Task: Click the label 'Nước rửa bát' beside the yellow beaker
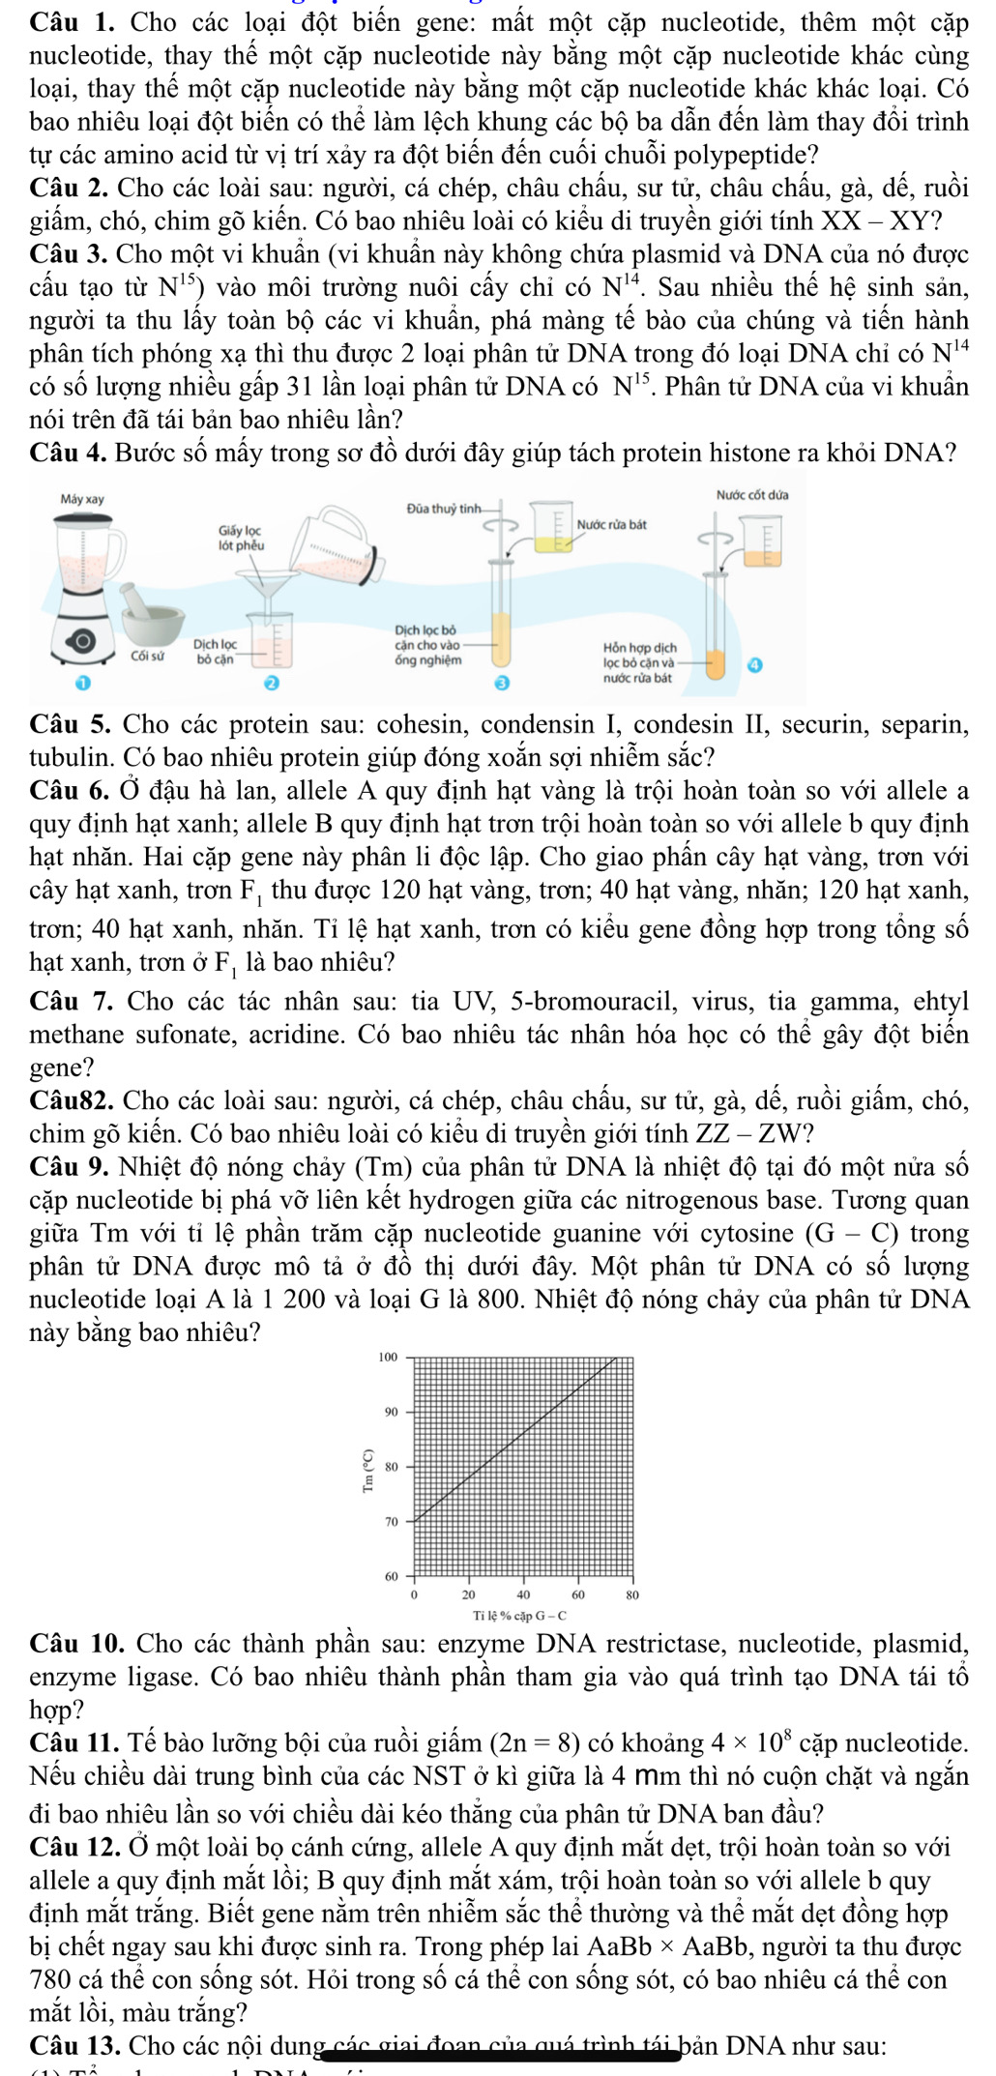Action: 611,524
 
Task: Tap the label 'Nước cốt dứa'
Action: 751,495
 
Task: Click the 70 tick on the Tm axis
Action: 392,1522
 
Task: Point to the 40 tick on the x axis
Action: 523,1594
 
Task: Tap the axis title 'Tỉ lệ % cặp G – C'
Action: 519,1616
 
